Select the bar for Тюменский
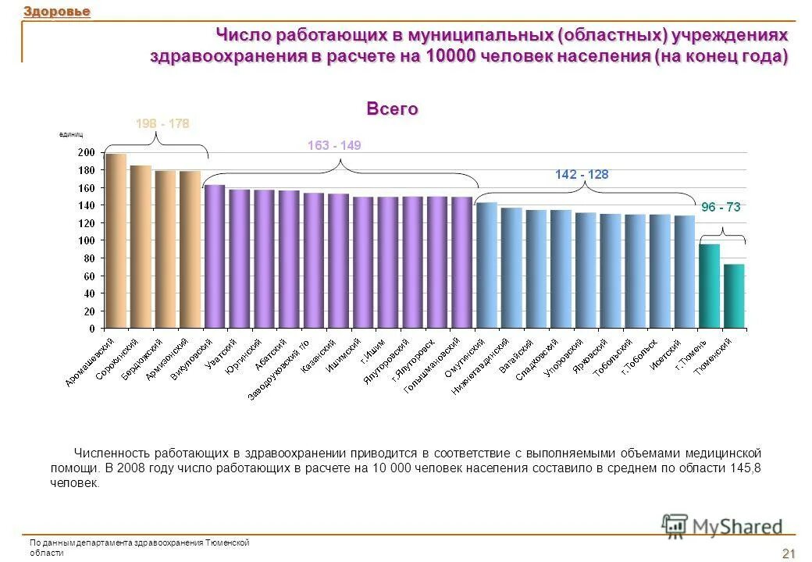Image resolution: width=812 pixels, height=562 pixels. tap(734, 296)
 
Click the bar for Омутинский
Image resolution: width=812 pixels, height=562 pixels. tap(486, 265)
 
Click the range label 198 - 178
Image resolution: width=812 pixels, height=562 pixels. tap(162, 124)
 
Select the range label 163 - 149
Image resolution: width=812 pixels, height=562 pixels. tap(334, 146)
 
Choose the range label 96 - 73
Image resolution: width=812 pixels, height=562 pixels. tap(720, 208)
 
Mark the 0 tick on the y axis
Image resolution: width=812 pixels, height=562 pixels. tap(92, 328)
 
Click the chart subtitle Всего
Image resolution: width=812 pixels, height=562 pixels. tap(393, 109)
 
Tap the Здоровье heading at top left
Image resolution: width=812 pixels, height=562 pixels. tap(56, 11)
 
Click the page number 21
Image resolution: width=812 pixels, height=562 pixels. tap(788, 553)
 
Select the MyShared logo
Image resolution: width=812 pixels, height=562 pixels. tap(722, 526)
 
